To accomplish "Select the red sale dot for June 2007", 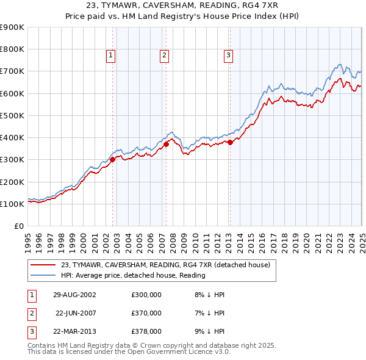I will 166,145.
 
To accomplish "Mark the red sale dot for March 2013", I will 230,142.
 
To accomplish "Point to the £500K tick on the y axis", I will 12,115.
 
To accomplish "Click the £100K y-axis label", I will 12,204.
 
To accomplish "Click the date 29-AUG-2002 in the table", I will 74,295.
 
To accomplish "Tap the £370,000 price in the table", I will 146,314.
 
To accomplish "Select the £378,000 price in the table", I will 146,333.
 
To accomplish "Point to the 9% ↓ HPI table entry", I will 207,333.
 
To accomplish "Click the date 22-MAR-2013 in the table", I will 75,333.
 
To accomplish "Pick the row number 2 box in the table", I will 30,314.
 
